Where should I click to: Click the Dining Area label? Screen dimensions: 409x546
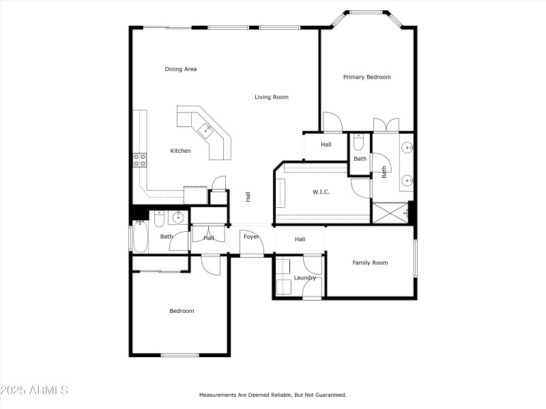(x=181, y=69)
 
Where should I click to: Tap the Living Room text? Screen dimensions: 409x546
(x=272, y=97)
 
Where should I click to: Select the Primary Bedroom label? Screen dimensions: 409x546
(x=367, y=77)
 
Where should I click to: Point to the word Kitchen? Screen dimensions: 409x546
(x=180, y=151)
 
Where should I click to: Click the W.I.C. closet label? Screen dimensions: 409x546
(x=321, y=192)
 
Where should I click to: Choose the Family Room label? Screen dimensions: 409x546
(x=370, y=262)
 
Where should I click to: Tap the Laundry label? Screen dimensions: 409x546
(x=304, y=277)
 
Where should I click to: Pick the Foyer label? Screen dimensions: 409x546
(x=251, y=237)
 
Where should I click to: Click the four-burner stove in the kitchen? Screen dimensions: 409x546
(x=139, y=160)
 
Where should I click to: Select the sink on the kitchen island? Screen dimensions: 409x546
(x=205, y=129)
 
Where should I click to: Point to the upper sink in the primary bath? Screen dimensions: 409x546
(x=407, y=147)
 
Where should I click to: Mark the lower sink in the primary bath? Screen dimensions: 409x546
(x=407, y=181)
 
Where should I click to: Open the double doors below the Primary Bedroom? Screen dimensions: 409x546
(x=386, y=125)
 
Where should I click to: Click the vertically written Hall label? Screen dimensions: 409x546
(x=248, y=196)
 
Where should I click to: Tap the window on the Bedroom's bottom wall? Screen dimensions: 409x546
(x=179, y=354)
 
